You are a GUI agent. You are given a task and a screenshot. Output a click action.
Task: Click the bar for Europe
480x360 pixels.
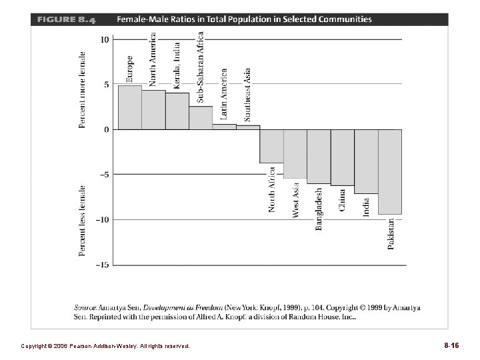130,107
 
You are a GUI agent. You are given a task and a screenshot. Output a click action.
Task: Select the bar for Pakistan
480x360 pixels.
390,171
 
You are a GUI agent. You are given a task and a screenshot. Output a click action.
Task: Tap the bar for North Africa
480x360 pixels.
271,146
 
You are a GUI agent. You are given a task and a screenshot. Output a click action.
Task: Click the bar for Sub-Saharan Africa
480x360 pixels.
201,118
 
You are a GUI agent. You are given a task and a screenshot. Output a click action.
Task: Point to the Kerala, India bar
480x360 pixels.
177,111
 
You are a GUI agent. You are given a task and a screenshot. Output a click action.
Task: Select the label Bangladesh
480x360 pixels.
319,209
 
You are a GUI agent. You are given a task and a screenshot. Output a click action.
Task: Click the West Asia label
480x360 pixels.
295,200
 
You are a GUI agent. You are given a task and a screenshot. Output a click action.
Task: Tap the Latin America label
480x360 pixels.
224,93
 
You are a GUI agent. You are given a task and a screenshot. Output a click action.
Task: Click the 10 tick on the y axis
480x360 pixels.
105,39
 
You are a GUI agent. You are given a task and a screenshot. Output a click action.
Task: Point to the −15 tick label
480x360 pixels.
102,265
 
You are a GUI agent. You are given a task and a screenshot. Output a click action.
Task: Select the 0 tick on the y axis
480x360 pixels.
107,129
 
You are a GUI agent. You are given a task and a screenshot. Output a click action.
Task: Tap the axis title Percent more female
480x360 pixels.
83,89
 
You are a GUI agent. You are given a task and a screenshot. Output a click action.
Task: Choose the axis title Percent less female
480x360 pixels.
83,220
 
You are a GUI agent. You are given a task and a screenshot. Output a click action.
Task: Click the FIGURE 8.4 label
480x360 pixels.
66,19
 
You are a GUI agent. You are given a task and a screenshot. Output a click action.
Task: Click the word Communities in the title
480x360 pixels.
344,19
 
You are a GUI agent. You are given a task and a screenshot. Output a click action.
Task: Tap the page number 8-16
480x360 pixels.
451,346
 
